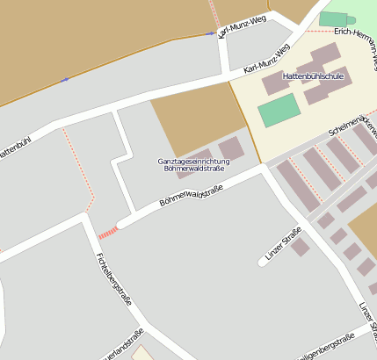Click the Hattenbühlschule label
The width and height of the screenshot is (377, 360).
(313, 76)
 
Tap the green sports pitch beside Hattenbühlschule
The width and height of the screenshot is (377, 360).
(279, 111)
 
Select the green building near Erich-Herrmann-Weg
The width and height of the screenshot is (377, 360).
(333, 18)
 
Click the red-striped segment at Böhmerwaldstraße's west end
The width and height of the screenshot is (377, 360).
(107, 233)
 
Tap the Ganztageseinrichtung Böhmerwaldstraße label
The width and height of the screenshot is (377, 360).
(193, 164)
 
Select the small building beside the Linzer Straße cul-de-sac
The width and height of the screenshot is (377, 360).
(300, 248)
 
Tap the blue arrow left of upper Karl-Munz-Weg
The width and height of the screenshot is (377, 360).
(209, 34)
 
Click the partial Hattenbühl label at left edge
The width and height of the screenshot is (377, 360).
(13, 148)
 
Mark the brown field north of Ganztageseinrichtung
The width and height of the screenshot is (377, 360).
(196, 119)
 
